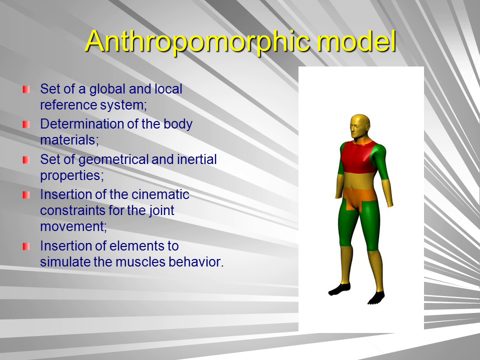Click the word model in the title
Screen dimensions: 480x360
[356, 41]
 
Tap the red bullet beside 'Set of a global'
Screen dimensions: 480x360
[26, 89]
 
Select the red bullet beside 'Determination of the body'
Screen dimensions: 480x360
[26, 124]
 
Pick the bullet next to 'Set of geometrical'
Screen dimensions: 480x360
[26, 160]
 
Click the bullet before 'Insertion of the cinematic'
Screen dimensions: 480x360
[26, 195]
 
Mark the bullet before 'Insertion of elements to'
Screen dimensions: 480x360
[26, 246]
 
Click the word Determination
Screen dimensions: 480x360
[81, 123]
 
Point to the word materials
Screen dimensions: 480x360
[69, 140]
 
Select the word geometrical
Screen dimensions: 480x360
[113, 160]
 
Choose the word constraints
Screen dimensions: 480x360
[70, 210]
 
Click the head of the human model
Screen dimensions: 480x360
[360, 126]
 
